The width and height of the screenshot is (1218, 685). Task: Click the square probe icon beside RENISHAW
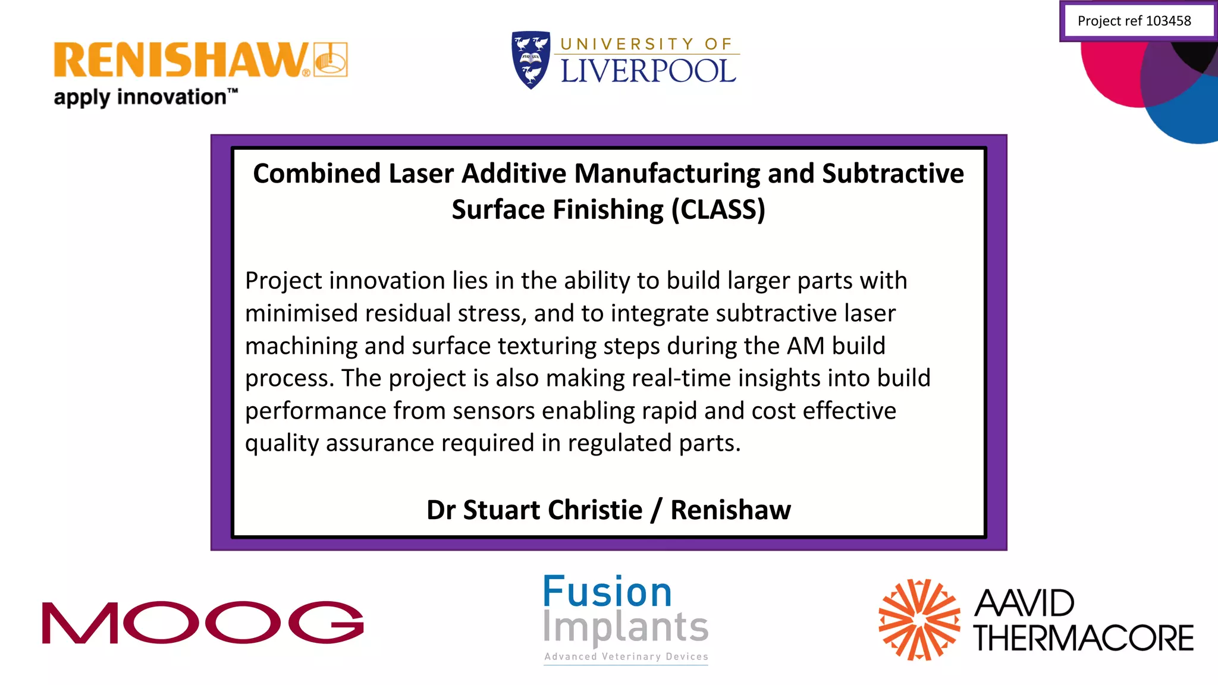pos(331,59)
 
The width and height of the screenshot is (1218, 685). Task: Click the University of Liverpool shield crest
pos(530,59)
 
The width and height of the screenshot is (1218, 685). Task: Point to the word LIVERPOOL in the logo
pos(648,71)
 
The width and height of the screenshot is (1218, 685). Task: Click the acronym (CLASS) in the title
pos(718,210)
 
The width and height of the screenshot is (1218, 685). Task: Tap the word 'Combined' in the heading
pos(316,174)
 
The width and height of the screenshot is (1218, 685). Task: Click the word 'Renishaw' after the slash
pos(730,510)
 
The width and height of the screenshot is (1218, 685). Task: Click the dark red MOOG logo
pos(202,622)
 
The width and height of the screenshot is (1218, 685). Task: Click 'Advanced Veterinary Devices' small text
pos(626,656)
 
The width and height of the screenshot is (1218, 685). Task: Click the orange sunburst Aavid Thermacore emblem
pos(919,620)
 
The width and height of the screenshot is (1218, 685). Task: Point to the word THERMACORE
pos(1083,638)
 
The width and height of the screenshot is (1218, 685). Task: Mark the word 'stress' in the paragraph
pos(493,313)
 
